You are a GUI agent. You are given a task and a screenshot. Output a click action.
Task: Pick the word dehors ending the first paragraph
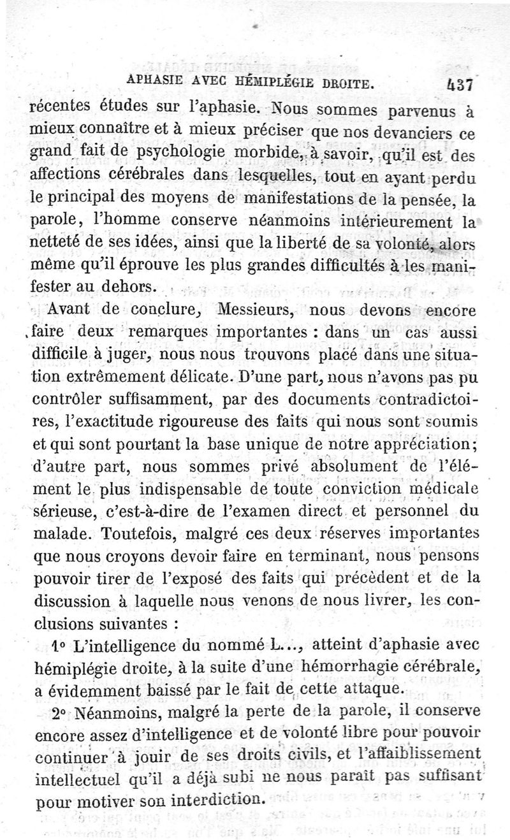[130, 287]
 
